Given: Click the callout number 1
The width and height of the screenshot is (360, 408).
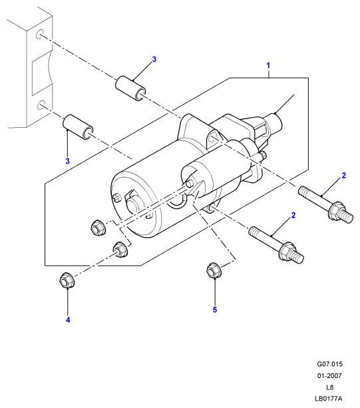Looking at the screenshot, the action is pyautogui.click(x=268, y=65).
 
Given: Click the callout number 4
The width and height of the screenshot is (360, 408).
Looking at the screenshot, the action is pyautogui.click(x=68, y=319).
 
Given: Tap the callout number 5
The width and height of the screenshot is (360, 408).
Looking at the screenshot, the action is pyautogui.click(x=215, y=309).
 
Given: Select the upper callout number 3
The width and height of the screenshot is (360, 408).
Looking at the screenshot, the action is pyautogui.click(x=154, y=59).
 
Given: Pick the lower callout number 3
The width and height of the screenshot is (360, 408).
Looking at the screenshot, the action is pyautogui.click(x=68, y=161).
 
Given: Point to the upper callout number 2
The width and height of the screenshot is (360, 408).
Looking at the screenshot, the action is pyautogui.click(x=344, y=176).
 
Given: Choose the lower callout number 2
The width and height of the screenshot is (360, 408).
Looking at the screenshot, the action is pyautogui.click(x=293, y=216).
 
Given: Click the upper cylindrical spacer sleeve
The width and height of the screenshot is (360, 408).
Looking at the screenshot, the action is pyautogui.click(x=130, y=88).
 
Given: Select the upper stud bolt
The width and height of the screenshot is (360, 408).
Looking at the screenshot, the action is pyautogui.click(x=325, y=204).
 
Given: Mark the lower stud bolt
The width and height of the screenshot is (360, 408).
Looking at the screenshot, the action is pyautogui.click(x=276, y=245).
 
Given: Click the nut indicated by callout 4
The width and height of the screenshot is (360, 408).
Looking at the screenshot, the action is pyautogui.click(x=67, y=280).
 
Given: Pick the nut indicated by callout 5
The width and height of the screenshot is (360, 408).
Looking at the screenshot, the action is pyautogui.click(x=214, y=270).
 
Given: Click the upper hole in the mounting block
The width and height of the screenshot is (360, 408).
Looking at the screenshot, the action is pyautogui.click(x=40, y=35).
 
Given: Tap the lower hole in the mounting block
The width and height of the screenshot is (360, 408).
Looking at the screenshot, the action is pyautogui.click(x=41, y=105).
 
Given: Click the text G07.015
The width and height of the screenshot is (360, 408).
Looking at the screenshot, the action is pyautogui.click(x=329, y=364).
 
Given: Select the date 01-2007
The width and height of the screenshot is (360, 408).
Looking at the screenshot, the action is pyautogui.click(x=329, y=375).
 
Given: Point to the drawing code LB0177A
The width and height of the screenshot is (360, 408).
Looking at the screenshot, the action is pyautogui.click(x=329, y=399).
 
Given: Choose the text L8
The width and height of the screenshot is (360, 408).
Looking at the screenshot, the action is pyautogui.click(x=329, y=387).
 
